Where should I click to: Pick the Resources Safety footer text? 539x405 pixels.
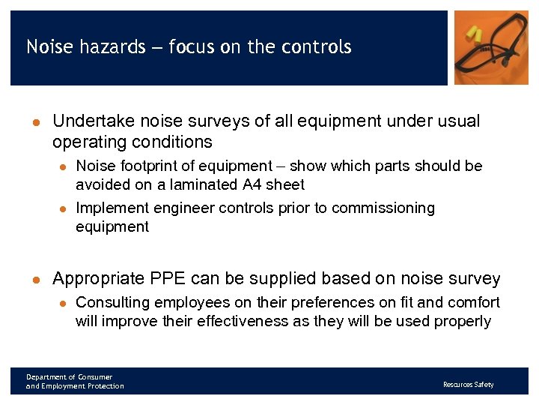pyautogui.click(x=468, y=385)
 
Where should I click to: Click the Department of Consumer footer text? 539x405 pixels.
pyautogui.click(x=69, y=376)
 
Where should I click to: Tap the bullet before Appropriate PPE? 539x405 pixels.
pyautogui.click(x=34, y=280)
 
